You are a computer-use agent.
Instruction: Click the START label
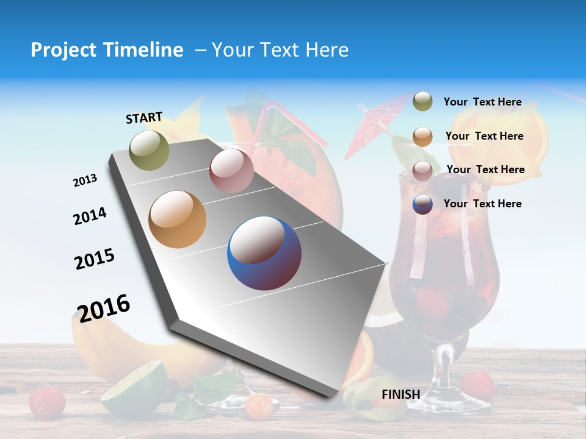(144, 118)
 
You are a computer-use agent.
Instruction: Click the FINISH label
(401, 394)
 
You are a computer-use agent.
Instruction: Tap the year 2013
(85, 180)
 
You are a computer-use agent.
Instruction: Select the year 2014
(90, 216)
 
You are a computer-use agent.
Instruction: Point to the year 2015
(95, 259)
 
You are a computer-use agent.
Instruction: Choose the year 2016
(104, 308)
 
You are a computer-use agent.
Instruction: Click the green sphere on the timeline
(150, 150)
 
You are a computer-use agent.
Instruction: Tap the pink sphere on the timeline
(231, 171)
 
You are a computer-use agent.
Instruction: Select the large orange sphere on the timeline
(178, 220)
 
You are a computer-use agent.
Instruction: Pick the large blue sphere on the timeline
(264, 253)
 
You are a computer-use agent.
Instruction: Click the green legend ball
(422, 102)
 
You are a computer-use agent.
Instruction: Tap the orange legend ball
(422, 136)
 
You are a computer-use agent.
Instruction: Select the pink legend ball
(422, 170)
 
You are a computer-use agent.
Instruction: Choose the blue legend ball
(422, 204)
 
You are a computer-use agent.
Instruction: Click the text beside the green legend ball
(483, 102)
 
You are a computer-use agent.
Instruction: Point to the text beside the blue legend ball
(483, 204)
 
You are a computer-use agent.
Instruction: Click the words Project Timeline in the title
(107, 50)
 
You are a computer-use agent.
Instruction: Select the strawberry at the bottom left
(47, 401)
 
